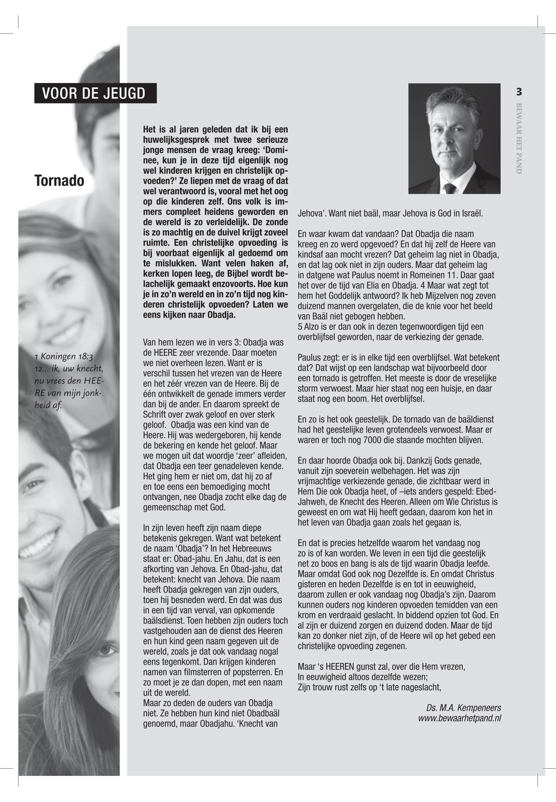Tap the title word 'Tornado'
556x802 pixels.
pyautogui.click(x=59, y=181)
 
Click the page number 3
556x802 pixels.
pyautogui.click(x=519, y=92)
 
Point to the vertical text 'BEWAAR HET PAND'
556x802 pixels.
pyautogui.click(x=519, y=138)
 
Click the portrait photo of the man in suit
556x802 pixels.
pyautogui.click(x=454, y=138)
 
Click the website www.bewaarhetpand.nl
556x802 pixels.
pyautogui.click(x=460, y=718)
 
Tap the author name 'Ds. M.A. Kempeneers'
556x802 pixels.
pyautogui.click(x=463, y=708)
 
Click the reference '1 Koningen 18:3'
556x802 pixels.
pyautogui.click(x=63, y=356)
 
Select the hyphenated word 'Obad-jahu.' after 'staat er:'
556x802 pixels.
pyautogui.click(x=190, y=559)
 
